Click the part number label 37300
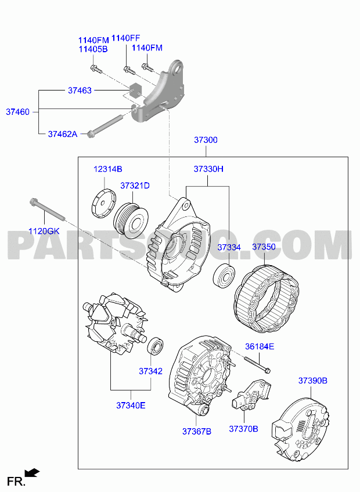(206, 140)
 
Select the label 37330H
(208, 169)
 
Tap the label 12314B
(108, 169)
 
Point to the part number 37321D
(135, 186)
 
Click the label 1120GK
(44, 231)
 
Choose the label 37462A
(63, 134)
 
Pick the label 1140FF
(126, 38)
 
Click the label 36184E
(260, 346)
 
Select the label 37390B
(313, 381)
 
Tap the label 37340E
(131, 406)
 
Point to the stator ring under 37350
(267, 299)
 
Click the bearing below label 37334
(224, 276)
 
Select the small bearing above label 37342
(156, 346)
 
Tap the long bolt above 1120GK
(47, 209)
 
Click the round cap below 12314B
(104, 203)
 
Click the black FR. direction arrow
(33, 472)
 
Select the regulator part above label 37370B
(251, 395)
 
